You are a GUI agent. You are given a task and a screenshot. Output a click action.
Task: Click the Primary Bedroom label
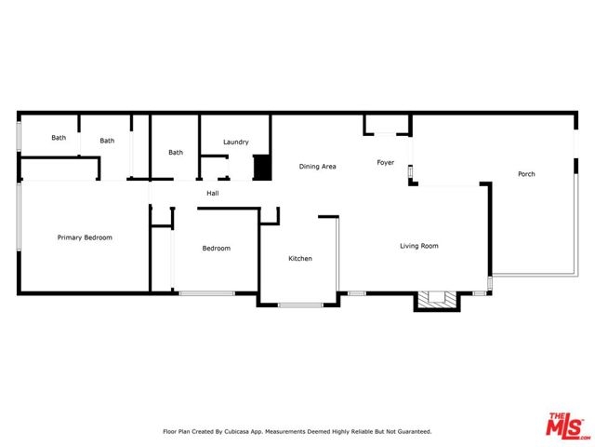pyautogui.click(x=85, y=237)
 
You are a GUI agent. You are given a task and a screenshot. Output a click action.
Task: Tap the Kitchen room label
pyautogui.click(x=300, y=259)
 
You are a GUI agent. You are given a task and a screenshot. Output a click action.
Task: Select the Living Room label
pyautogui.click(x=419, y=246)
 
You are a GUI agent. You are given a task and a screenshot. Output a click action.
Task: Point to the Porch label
pyautogui.click(x=526, y=174)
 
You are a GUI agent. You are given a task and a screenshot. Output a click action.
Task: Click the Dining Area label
pyautogui.click(x=317, y=167)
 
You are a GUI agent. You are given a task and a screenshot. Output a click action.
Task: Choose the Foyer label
pyautogui.click(x=385, y=163)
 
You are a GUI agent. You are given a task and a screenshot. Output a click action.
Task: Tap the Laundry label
pyautogui.click(x=235, y=142)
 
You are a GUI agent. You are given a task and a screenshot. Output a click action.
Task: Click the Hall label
pyautogui.click(x=213, y=193)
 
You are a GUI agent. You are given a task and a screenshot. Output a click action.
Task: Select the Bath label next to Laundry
pyautogui.click(x=176, y=153)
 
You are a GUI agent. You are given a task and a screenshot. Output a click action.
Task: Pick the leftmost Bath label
pyautogui.click(x=59, y=138)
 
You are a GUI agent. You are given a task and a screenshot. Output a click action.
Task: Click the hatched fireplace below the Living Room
pyautogui.click(x=437, y=300)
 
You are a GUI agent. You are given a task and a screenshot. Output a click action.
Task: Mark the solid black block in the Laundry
pyautogui.click(x=262, y=168)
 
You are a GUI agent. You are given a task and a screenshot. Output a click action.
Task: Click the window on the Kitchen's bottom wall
pyautogui.click(x=300, y=305)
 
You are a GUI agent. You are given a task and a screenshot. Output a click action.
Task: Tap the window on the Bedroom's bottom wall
pyautogui.click(x=206, y=293)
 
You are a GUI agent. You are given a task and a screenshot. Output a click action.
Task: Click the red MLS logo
pyautogui.click(x=567, y=426)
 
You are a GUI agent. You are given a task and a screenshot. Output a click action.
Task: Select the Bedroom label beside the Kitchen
pyautogui.click(x=217, y=249)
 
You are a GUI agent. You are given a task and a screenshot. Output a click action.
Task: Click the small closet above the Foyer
pyautogui.click(x=388, y=124)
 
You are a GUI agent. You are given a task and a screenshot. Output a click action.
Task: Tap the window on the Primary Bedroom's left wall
pyautogui.click(x=19, y=217)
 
